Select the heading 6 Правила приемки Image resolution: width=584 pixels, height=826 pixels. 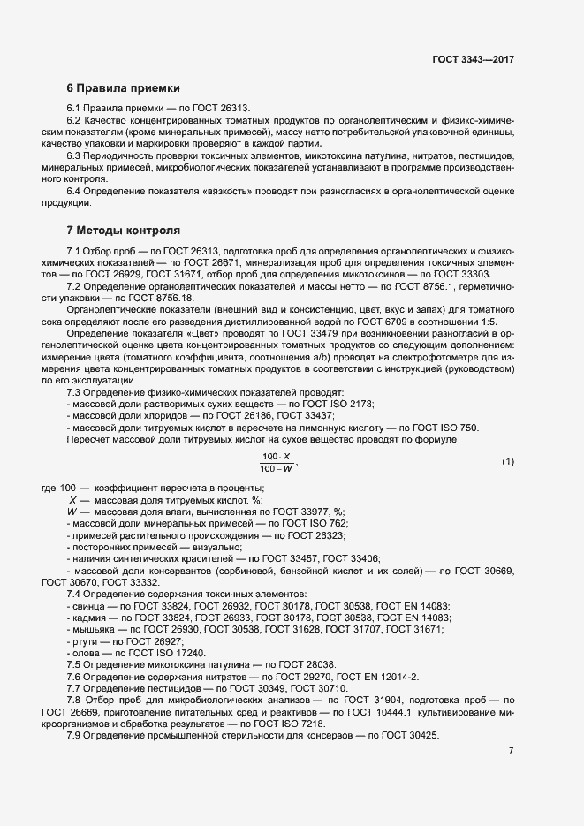pos(124,88)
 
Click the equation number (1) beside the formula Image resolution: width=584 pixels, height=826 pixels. pos(507,462)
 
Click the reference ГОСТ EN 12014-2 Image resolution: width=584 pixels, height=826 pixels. pos(375,676)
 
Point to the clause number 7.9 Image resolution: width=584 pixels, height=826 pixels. pos(75,736)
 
